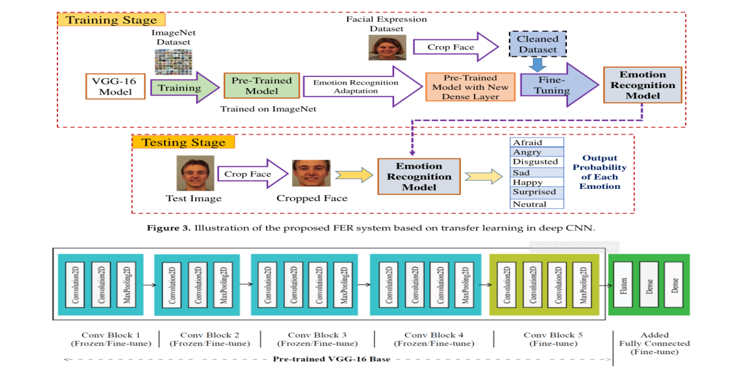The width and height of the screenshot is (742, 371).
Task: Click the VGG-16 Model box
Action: tap(115, 86)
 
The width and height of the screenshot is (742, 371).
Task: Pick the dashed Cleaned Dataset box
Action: tap(537, 44)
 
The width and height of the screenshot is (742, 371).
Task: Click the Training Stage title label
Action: tap(111, 20)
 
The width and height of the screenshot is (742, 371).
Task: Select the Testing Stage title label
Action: tap(183, 142)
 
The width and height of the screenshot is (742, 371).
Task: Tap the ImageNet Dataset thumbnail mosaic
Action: tap(173, 61)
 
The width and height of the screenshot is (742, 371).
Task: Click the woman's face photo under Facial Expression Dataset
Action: tap(383, 47)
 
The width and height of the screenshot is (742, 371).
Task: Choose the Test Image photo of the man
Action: tap(195, 173)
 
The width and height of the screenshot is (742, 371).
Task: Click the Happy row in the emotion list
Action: tap(537, 182)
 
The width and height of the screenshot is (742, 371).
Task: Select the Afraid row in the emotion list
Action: tap(537, 143)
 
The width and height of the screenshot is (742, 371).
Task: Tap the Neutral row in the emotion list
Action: tap(537, 204)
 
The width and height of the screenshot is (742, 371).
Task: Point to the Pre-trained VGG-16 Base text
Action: tap(332, 359)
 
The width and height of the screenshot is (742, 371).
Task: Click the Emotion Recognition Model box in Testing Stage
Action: tap(419, 176)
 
